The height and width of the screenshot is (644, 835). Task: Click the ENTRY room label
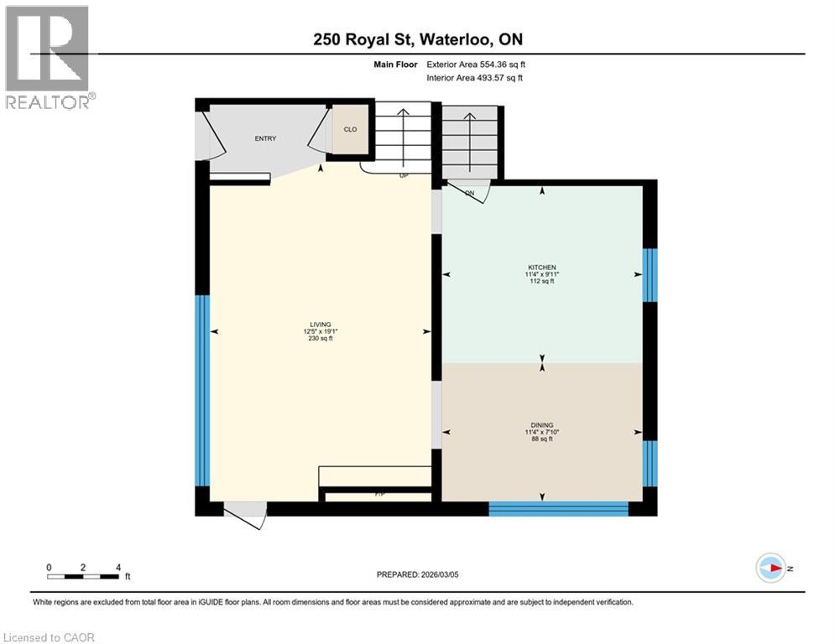pyautogui.click(x=265, y=139)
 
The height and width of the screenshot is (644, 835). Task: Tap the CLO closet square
pyautogui.click(x=351, y=130)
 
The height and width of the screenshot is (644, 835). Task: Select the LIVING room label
pyautogui.click(x=320, y=325)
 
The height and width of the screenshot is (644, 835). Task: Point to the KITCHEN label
pyautogui.click(x=542, y=267)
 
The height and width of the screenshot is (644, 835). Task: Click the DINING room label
pyautogui.click(x=542, y=425)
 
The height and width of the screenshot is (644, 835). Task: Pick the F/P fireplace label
pyautogui.click(x=379, y=495)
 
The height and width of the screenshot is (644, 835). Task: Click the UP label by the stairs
pyautogui.click(x=404, y=176)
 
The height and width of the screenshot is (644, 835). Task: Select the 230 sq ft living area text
pyautogui.click(x=320, y=339)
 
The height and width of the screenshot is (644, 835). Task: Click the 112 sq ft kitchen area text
pyautogui.click(x=542, y=281)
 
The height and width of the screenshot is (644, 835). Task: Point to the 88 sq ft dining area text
pyautogui.click(x=542, y=439)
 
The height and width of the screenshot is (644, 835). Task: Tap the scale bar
pyautogui.click(x=83, y=575)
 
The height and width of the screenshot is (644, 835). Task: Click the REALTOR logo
pyautogui.click(x=49, y=57)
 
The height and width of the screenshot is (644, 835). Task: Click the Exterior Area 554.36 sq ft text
pyautogui.click(x=476, y=64)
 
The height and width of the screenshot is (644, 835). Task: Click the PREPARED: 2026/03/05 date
pyautogui.click(x=417, y=574)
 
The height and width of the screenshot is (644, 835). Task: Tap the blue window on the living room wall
pyautogui.click(x=201, y=390)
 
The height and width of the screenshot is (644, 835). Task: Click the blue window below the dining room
pyautogui.click(x=559, y=508)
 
